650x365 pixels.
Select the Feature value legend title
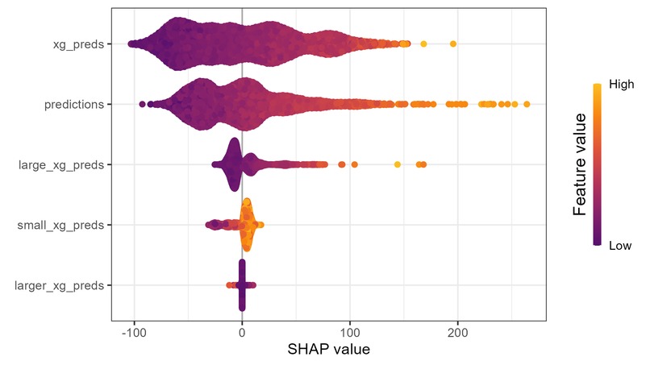click(579, 164)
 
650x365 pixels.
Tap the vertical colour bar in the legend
click(597, 164)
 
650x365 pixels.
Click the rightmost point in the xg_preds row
click(453, 44)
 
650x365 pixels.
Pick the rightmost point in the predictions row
click(527, 104)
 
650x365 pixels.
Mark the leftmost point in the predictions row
click(143, 104)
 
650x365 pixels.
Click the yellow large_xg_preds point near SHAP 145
click(398, 164)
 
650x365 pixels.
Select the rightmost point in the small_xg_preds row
click(260, 225)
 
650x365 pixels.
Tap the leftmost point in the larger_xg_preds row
click(229, 285)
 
